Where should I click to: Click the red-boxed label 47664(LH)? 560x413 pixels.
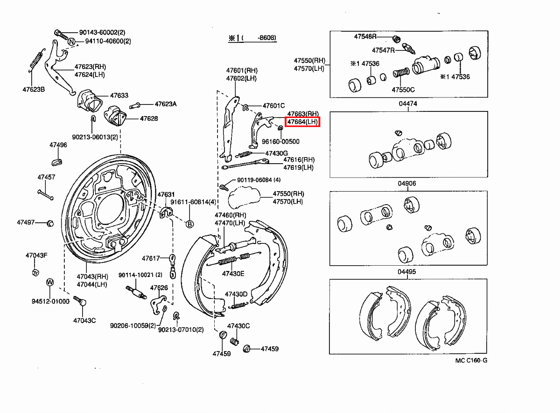pyautogui.click(x=302, y=122)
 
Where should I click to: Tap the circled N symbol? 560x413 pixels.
pyautogui.click(x=71, y=41)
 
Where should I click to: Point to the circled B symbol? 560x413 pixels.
pyautogui.click(x=190, y=224)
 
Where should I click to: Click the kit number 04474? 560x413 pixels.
pyautogui.click(x=407, y=104)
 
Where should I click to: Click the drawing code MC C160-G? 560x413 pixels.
pyautogui.click(x=471, y=360)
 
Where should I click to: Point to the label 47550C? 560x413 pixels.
pyautogui.click(x=403, y=89)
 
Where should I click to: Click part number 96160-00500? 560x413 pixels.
pyautogui.click(x=280, y=142)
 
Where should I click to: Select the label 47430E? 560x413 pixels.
pyautogui.click(x=233, y=274)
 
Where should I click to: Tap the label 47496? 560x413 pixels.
pyautogui.click(x=58, y=145)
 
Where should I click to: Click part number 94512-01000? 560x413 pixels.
pyautogui.click(x=50, y=301)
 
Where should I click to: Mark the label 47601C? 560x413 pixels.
pyautogui.click(x=273, y=106)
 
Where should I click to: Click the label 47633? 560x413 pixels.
pyautogui.click(x=119, y=96)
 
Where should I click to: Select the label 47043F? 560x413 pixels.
pyautogui.click(x=36, y=255)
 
